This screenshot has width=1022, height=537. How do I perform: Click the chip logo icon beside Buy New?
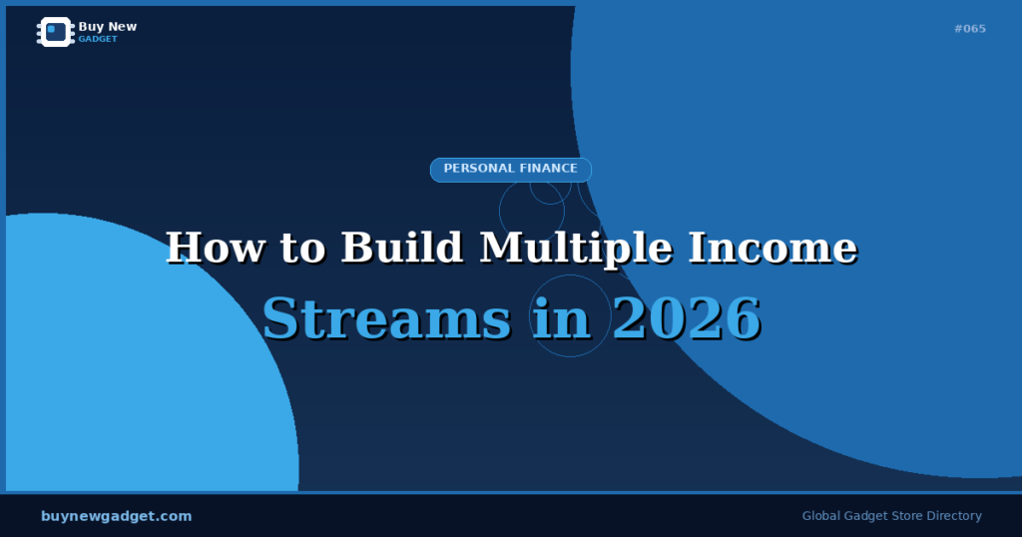point(56,32)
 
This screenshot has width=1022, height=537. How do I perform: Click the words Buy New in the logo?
point(107,27)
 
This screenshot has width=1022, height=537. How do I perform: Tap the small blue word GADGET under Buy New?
point(98,39)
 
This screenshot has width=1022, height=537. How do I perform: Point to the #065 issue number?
point(969,29)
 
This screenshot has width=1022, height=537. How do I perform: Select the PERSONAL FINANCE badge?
point(510,170)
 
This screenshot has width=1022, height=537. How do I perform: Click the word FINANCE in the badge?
point(547,169)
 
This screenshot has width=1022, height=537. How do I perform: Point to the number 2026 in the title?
point(687,319)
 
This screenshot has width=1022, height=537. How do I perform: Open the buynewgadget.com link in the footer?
point(117,516)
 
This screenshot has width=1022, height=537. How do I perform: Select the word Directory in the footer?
point(952,516)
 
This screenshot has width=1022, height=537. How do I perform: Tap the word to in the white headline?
point(297,248)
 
